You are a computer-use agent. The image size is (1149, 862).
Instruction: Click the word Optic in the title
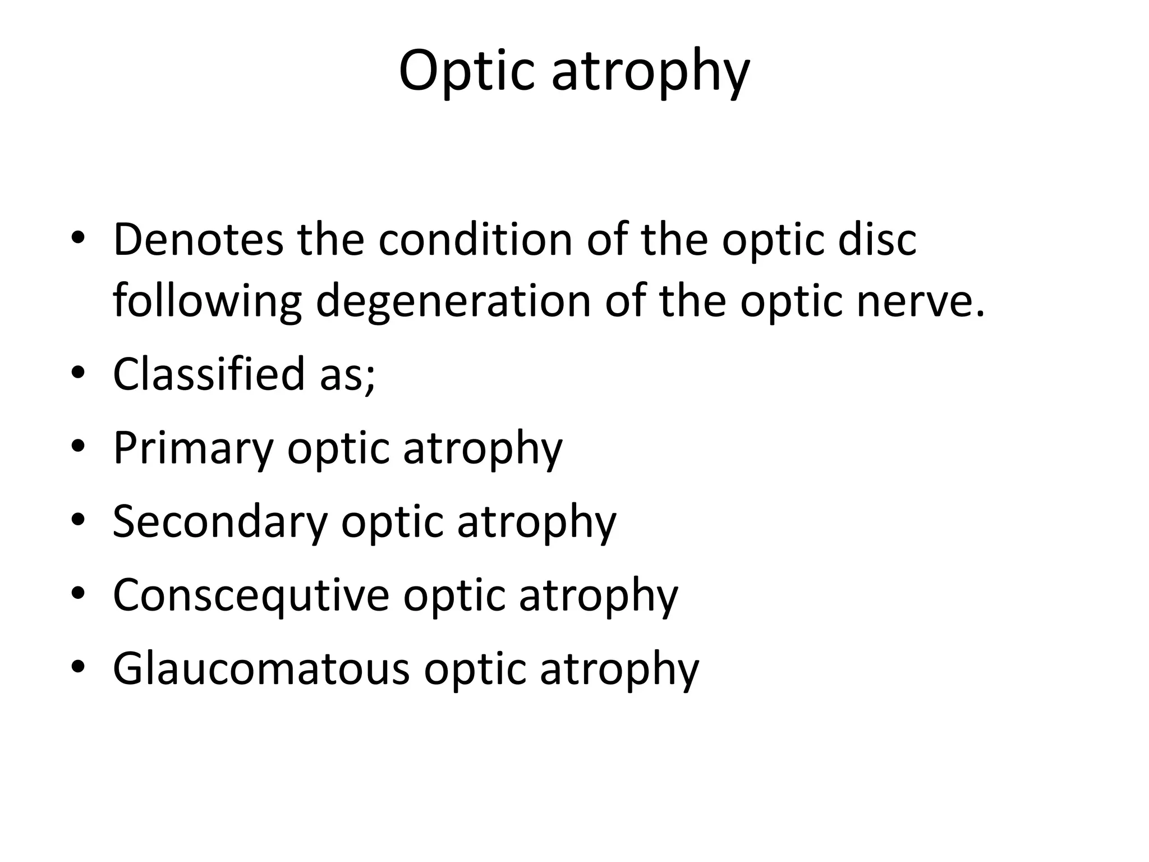[466, 71]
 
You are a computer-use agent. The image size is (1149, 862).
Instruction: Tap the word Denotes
[198, 240]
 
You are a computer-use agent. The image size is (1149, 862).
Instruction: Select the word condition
[475, 240]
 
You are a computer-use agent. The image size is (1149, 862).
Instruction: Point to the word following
[207, 301]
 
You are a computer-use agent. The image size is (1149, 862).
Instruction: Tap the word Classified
[209, 374]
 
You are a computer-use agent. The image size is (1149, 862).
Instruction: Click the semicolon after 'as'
[370, 377]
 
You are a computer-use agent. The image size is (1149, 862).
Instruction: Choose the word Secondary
[220, 521]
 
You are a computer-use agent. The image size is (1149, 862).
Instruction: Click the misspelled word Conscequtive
[251, 595]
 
